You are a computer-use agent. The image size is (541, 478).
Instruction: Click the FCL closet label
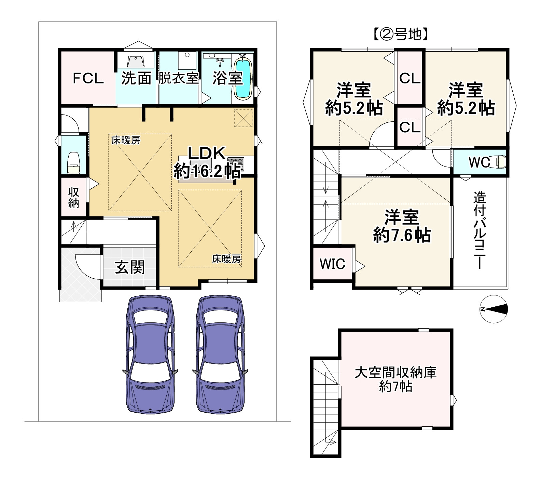pyautogui.click(x=88, y=79)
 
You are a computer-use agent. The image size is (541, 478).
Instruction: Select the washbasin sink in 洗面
pyautogui.click(x=136, y=62)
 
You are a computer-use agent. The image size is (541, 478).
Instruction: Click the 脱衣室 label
pyautogui.click(x=178, y=78)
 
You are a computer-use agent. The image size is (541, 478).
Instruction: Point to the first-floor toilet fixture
pyautogui.click(x=74, y=163)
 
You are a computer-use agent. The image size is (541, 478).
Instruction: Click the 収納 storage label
pyautogui.click(x=74, y=197)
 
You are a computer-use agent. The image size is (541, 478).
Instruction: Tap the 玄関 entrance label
pyautogui.click(x=130, y=267)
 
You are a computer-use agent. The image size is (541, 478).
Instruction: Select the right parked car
pyautogui.click(x=221, y=355)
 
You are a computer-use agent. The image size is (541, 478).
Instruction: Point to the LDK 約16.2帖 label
pyautogui.click(x=206, y=162)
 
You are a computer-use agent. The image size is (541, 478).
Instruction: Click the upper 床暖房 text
pyautogui.click(x=126, y=140)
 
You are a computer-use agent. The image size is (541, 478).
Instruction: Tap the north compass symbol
pyautogui.click(x=494, y=309)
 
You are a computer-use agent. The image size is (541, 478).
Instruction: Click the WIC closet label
pyautogui.click(x=332, y=264)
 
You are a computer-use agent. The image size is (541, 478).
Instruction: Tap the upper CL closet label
pyautogui.click(x=410, y=79)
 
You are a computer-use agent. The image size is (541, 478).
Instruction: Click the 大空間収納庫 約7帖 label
pyautogui.click(x=396, y=379)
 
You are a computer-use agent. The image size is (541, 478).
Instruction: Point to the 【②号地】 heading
pyautogui.click(x=400, y=34)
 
